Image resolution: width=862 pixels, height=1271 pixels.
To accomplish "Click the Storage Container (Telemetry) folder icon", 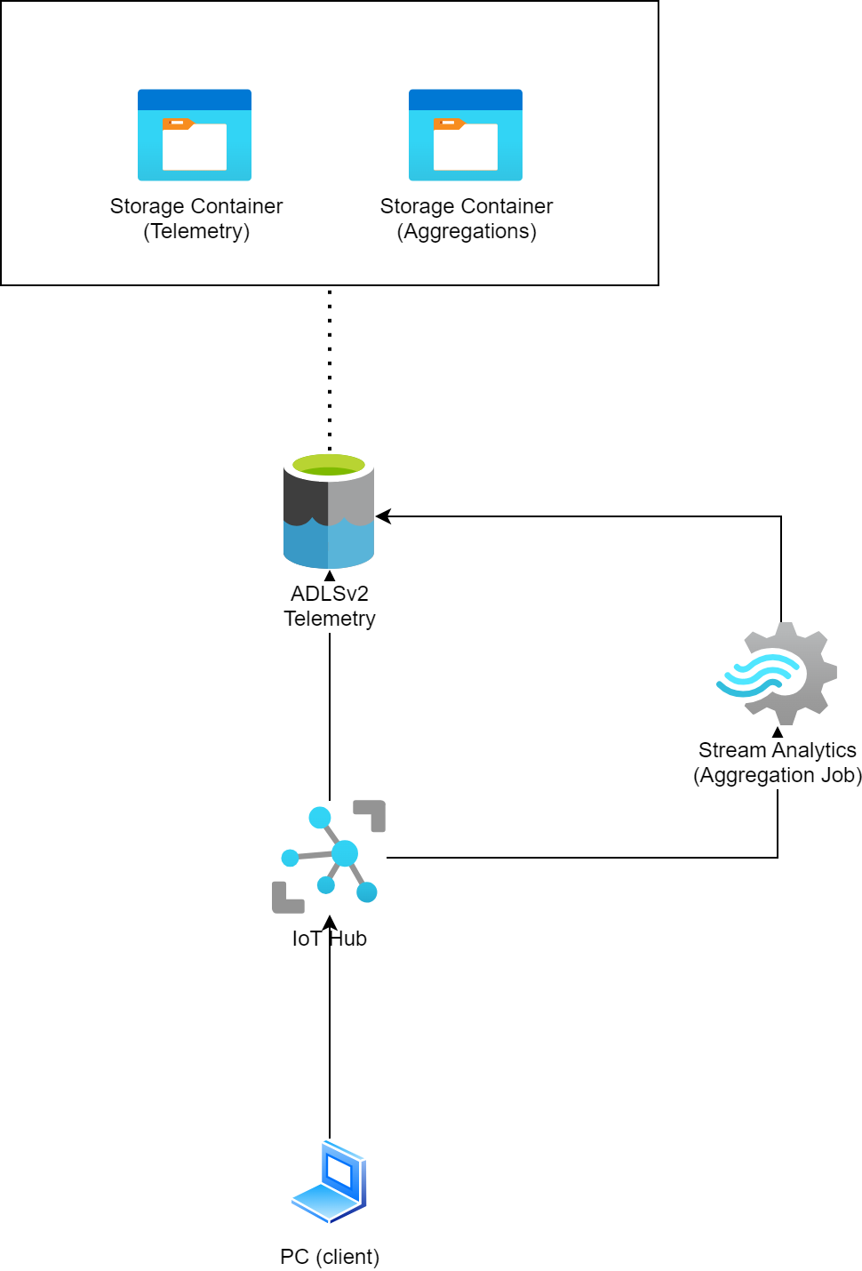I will click(194, 135).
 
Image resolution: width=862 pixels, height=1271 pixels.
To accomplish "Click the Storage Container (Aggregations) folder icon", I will click(465, 135).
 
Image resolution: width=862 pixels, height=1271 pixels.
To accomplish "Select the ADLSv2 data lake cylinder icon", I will click(329, 510).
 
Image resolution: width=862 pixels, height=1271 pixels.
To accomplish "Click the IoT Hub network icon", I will click(329, 856).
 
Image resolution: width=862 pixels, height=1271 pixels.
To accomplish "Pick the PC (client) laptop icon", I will click(329, 1182).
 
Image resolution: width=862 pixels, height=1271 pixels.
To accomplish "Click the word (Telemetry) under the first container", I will click(196, 232).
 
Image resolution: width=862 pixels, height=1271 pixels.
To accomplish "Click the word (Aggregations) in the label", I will click(467, 232).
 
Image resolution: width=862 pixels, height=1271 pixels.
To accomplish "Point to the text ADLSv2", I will click(329, 594).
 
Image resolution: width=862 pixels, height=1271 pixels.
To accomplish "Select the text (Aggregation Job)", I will click(778, 775).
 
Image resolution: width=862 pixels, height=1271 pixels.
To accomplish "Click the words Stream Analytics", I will click(778, 750).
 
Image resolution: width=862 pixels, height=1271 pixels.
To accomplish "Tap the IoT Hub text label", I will click(329, 939).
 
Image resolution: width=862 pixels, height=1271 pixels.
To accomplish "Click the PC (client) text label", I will click(330, 1257).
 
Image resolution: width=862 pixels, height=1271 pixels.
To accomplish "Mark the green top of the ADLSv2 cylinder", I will click(329, 465).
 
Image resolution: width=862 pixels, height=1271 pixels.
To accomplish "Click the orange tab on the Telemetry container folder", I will click(177, 124).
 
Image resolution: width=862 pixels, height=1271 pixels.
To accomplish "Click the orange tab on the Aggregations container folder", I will click(448, 124).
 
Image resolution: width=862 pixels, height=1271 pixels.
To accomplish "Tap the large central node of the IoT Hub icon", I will click(345, 853).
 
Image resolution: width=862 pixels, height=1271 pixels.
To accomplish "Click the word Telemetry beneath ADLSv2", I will click(330, 619).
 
